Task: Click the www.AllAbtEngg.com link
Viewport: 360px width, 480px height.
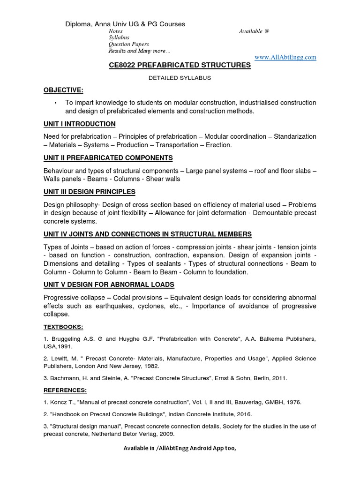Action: tap(285, 57)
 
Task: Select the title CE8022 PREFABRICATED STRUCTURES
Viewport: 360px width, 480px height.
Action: tap(180, 66)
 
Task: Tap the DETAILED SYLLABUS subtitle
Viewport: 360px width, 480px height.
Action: tap(180, 78)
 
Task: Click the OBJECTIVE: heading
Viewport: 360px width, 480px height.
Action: tap(63, 90)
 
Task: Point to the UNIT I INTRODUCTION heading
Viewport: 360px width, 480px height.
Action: tap(79, 124)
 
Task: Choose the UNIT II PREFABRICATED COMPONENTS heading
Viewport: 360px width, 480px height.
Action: tap(108, 158)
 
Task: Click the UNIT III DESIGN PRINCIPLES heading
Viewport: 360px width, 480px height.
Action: tap(90, 192)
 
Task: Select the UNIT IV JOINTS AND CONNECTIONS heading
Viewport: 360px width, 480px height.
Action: tap(147, 234)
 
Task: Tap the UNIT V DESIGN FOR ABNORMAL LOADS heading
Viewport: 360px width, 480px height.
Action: tap(109, 285)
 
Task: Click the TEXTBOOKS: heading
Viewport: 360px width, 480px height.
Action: tap(63, 327)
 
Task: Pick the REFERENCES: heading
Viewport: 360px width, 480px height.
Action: tap(65, 390)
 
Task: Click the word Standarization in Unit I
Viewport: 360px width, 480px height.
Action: tap(295, 136)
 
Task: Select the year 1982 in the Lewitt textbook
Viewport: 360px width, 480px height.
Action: tap(151, 366)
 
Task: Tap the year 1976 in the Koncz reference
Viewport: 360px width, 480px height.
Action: tap(293, 402)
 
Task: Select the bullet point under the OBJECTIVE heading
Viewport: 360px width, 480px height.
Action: tap(55, 103)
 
